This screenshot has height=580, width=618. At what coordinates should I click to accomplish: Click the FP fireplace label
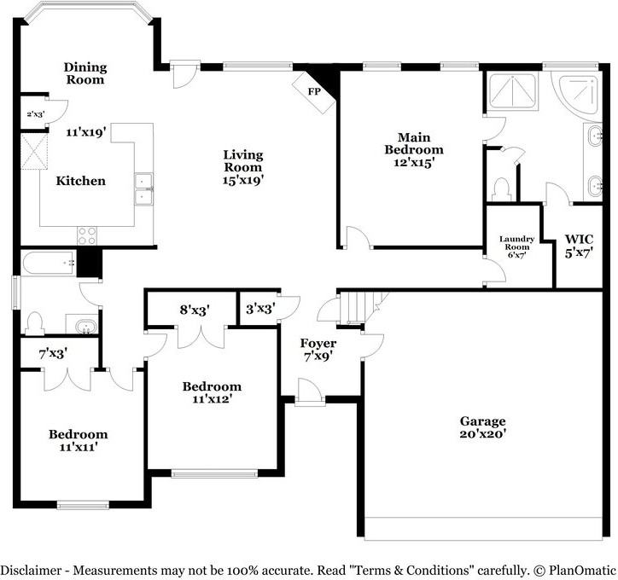[x=314, y=90]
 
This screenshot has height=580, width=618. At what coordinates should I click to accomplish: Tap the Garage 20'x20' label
[x=483, y=427]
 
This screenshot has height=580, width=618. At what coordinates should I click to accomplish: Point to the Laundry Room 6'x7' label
[x=517, y=246]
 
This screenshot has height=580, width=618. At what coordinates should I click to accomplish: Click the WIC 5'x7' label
[x=579, y=245]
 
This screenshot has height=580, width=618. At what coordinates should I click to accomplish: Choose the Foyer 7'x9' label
[x=318, y=350]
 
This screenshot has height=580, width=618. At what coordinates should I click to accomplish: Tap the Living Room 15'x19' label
[x=243, y=167]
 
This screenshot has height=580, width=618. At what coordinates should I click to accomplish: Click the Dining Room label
[x=85, y=73]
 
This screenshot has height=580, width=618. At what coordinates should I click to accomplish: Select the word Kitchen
[x=81, y=181]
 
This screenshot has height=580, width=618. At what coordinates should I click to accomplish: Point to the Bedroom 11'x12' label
[x=212, y=392]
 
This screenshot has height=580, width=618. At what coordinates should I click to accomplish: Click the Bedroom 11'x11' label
[x=78, y=439]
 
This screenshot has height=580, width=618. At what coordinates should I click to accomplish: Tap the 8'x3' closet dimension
[x=195, y=310]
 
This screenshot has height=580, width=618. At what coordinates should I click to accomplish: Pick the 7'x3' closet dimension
[x=53, y=351]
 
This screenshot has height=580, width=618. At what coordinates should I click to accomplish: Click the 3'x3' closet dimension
[x=259, y=310]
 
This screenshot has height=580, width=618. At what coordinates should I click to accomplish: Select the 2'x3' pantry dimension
[x=35, y=113]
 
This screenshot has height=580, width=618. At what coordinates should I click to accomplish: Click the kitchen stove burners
[x=87, y=235]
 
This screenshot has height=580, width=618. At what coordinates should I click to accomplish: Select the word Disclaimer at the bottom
[x=32, y=569]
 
